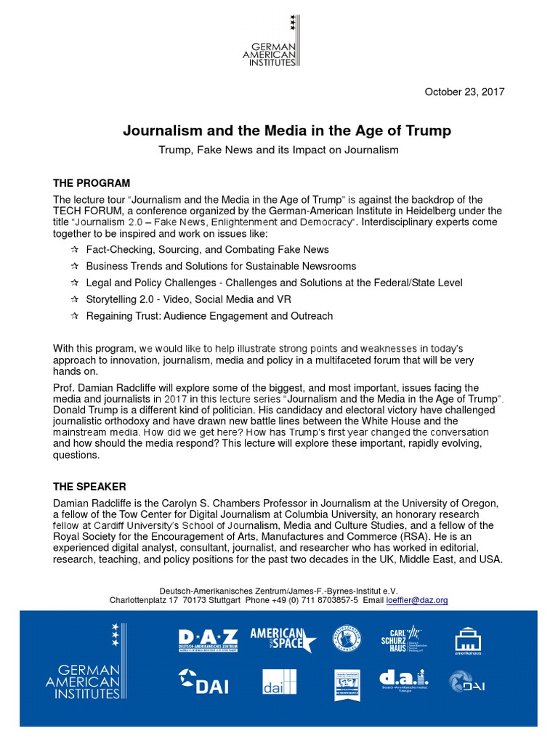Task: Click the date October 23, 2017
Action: pyautogui.click(x=464, y=92)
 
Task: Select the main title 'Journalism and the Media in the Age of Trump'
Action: pyautogui.click(x=287, y=131)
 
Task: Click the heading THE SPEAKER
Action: pyautogui.click(x=90, y=486)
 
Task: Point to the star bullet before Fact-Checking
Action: pyautogui.click(x=74, y=250)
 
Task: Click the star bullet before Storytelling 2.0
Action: pyautogui.click(x=74, y=299)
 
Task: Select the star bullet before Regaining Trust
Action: pyautogui.click(x=74, y=316)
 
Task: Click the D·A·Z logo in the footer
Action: pyautogui.click(x=208, y=640)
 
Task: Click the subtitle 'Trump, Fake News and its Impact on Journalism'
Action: pyautogui.click(x=279, y=150)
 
